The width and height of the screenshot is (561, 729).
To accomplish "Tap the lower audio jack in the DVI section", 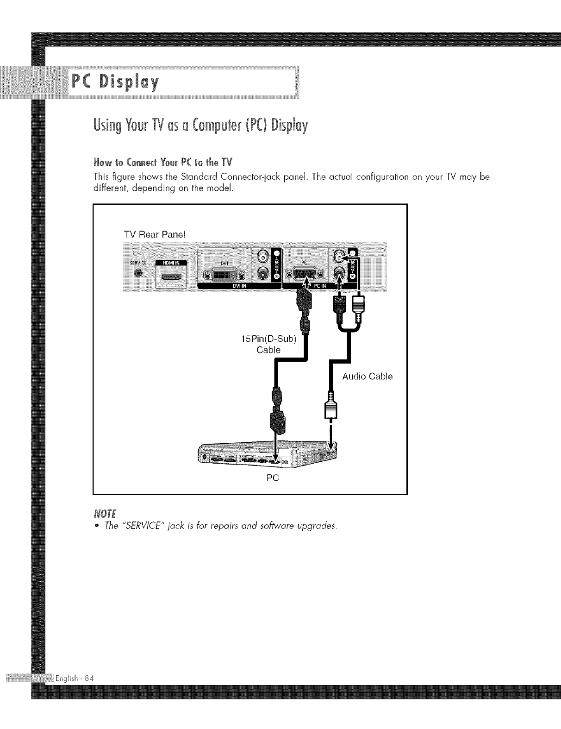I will [x=262, y=273].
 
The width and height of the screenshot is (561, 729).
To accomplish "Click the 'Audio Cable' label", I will [x=368, y=376].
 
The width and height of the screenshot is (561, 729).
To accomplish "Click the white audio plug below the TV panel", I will [x=358, y=307].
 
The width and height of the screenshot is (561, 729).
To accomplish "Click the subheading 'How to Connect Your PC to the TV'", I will [x=162, y=163].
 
